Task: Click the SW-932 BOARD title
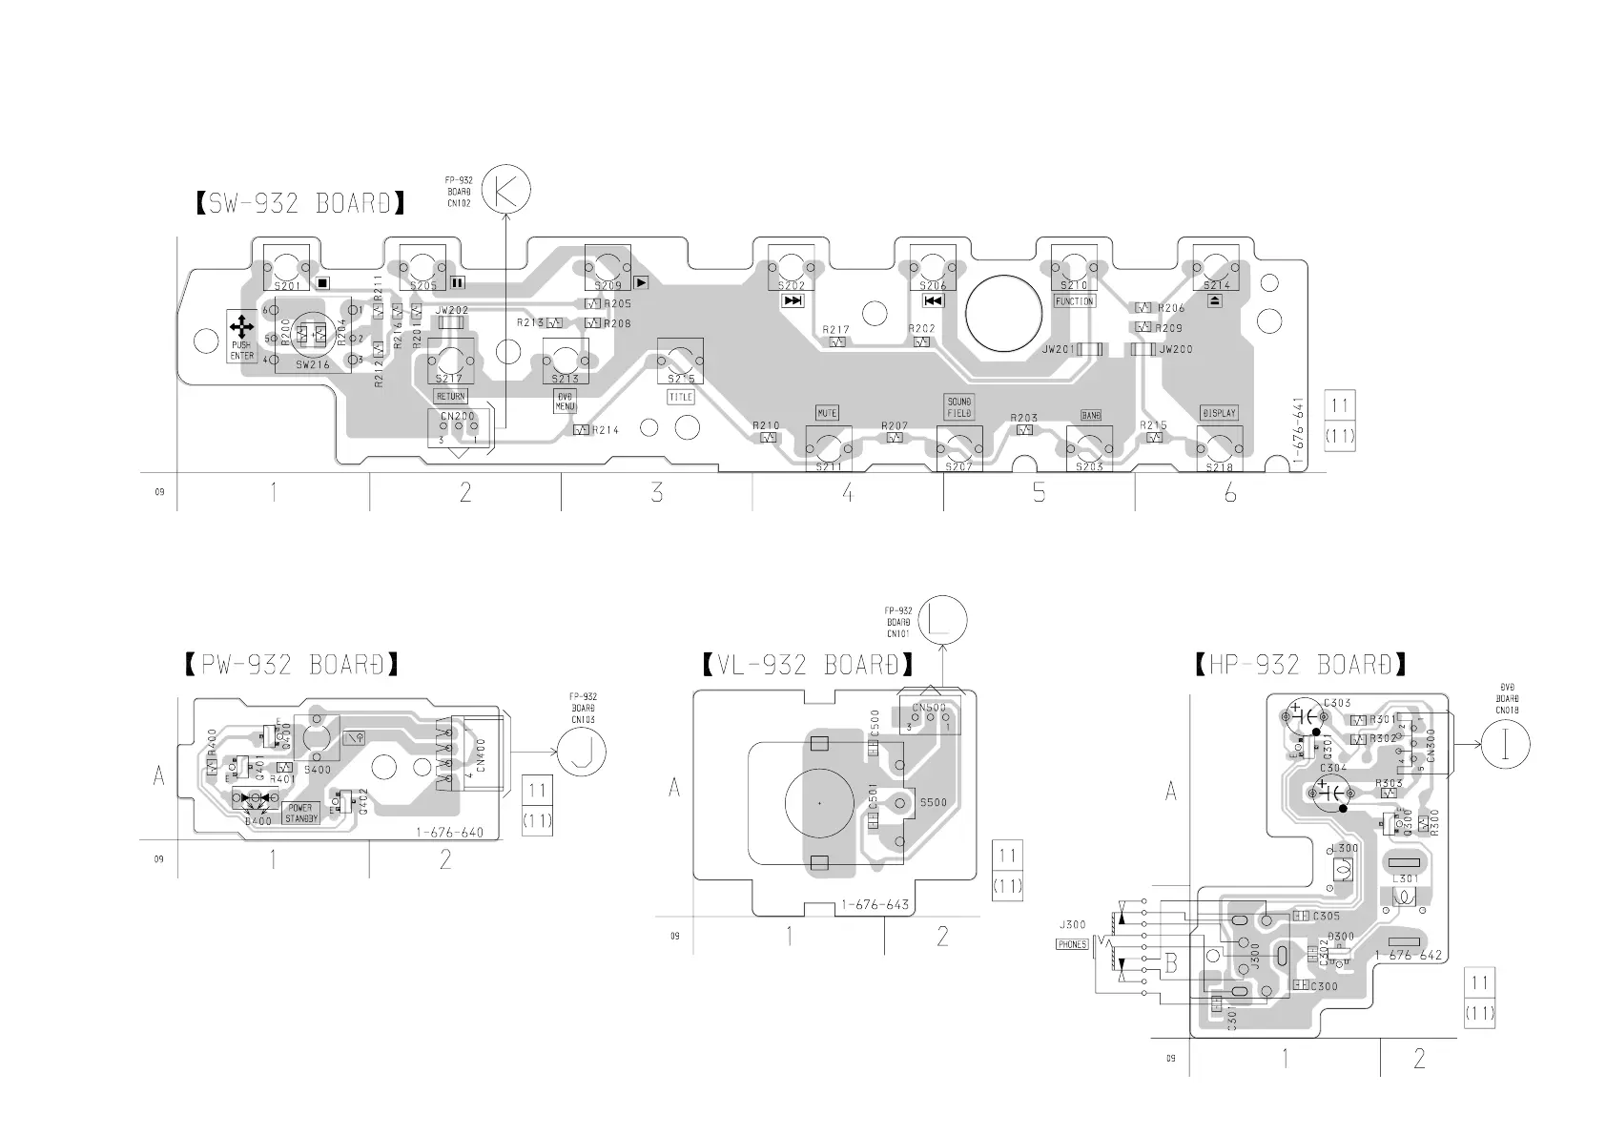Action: tap(300, 203)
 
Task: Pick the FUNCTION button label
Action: tap(1074, 301)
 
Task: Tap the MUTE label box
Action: tap(827, 413)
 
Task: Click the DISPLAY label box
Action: tap(1219, 413)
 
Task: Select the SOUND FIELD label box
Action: tap(958, 407)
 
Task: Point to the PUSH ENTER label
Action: tap(241, 350)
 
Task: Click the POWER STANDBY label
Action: tap(301, 814)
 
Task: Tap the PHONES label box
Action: tap(1072, 944)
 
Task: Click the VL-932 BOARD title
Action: tap(807, 665)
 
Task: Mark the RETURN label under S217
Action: tap(451, 396)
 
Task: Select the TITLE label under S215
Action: tap(681, 397)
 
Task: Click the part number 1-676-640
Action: tap(449, 833)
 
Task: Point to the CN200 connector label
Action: tap(458, 417)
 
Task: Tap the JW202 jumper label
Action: tap(451, 310)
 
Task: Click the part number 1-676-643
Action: tap(875, 905)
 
